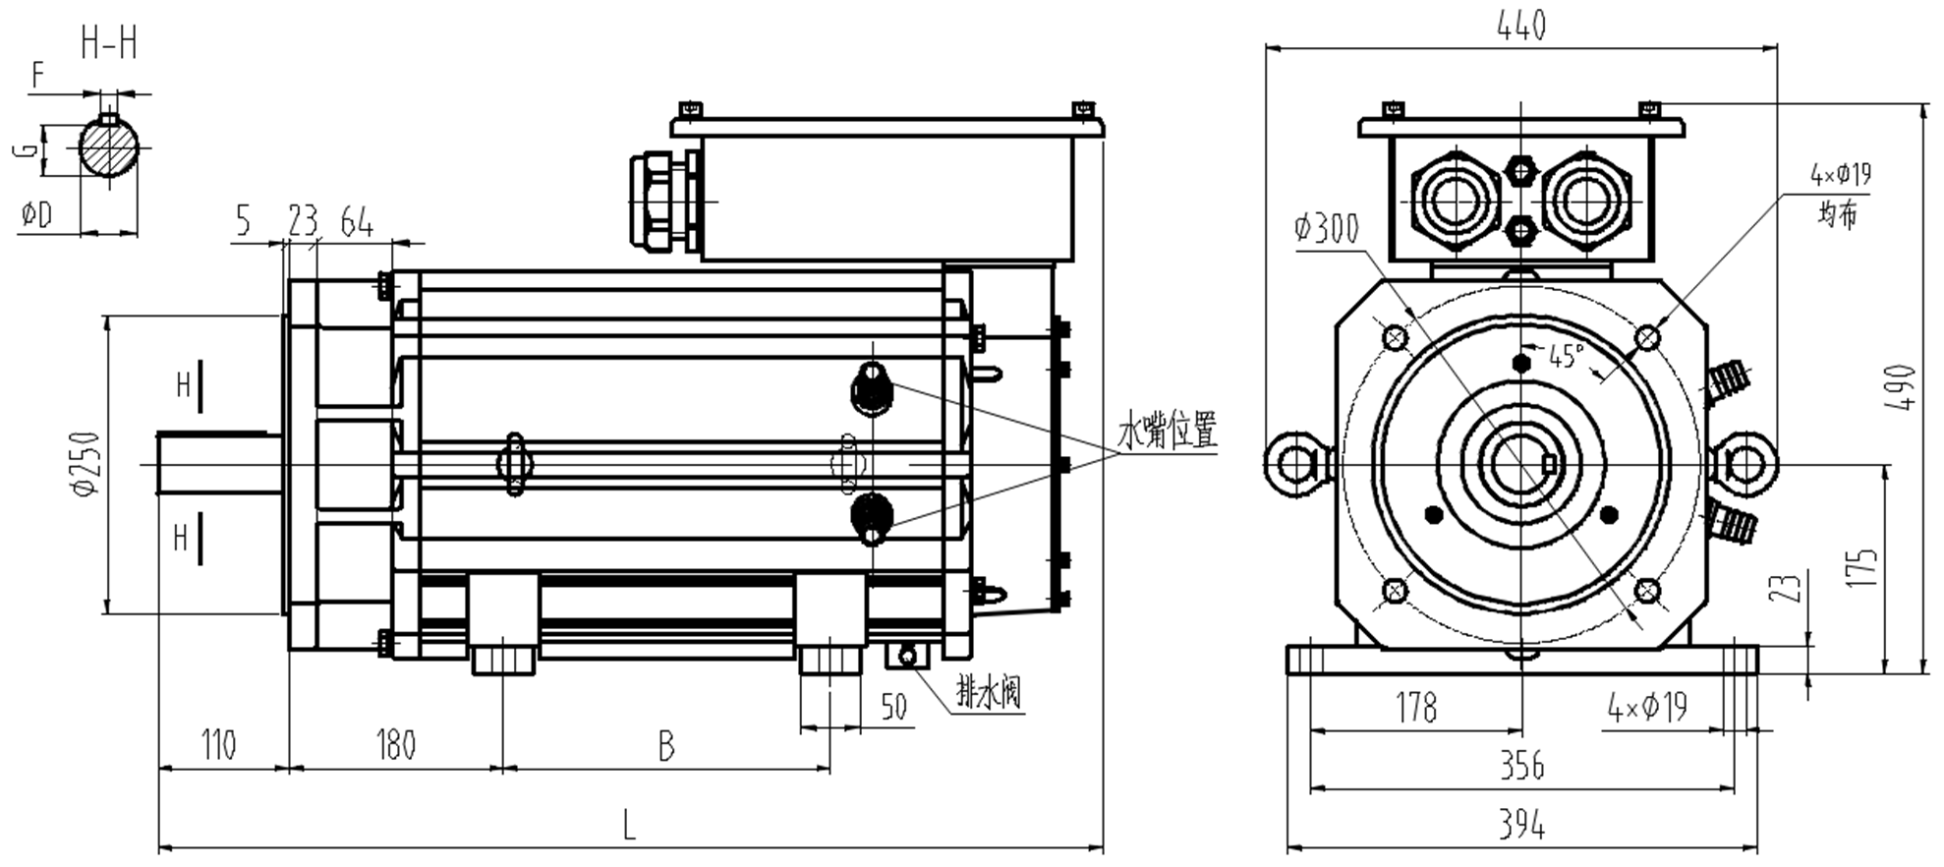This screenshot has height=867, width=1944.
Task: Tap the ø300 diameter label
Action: point(1326,229)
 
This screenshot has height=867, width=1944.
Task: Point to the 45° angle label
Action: point(1566,355)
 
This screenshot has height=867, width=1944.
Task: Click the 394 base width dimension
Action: point(1520,826)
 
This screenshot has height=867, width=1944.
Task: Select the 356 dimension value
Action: point(1520,766)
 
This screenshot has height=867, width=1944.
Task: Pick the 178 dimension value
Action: point(1415,708)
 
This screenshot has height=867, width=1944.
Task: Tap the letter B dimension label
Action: point(666,748)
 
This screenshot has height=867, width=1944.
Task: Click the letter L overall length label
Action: point(629,825)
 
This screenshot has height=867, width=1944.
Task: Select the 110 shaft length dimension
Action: point(218,746)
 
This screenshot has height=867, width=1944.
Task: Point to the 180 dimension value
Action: point(395,746)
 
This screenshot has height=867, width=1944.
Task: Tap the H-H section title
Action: point(108,44)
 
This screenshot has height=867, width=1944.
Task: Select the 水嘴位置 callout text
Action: point(1167,431)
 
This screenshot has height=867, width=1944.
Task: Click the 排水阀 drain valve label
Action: point(989,693)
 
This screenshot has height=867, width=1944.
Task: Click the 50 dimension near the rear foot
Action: point(893,707)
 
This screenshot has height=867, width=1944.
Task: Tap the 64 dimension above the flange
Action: point(357,223)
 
